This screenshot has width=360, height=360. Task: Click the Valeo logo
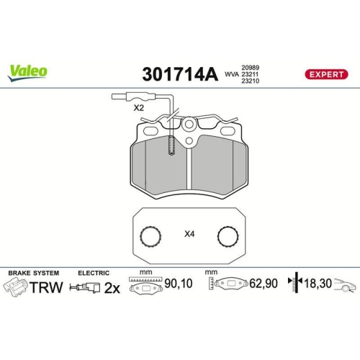tap(29, 71)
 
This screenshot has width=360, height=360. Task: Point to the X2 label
tap(140, 107)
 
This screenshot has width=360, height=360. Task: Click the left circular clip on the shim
tap(150, 235)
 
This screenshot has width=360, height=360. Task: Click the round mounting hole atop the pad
tap(190, 127)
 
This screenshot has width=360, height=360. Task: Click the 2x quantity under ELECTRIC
tap(111, 288)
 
